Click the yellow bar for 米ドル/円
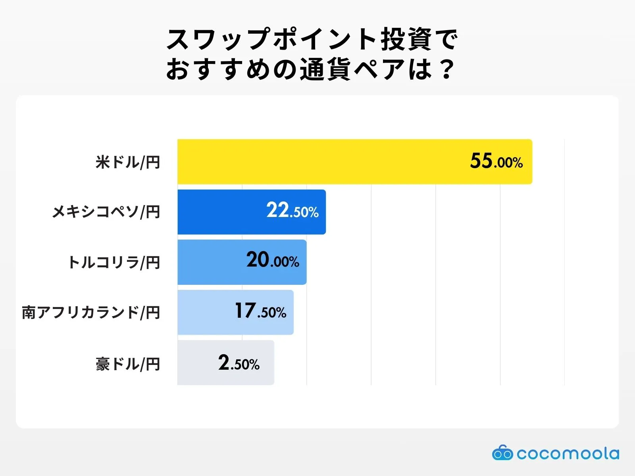pyautogui.click(x=317, y=161)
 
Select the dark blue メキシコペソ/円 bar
pyautogui.click(x=222, y=212)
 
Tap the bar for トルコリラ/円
pyautogui.click(x=210, y=262)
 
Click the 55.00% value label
pyautogui.click(x=496, y=161)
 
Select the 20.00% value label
pyautogui.click(x=273, y=261)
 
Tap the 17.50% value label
pyautogui.click(x=260, y=311)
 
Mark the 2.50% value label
pyautogui.click(x=239, y=363)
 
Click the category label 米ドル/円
pyautogui.click(x=128, y=162)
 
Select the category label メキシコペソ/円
pyautogui.click(x=106, y=212)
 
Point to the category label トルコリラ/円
pyautogui.click(x=114, y=263)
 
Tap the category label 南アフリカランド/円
pyautogui.click(x=91, y=313)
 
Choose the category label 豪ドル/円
pyautogui.click(x=128, y=364)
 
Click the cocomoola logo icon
pyautogui.click(x=502, y=453)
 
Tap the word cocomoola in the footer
pyautogui.click(x=568, y=453)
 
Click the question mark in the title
pyautogui.click(x=447, y=69)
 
